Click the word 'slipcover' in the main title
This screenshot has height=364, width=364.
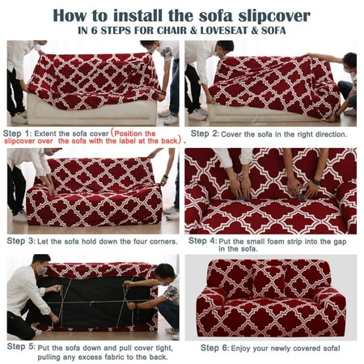[274, 16]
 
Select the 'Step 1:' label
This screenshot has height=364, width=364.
[17, 133]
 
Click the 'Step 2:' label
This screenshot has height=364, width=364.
[205, 133]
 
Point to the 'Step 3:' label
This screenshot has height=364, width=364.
[21, 241]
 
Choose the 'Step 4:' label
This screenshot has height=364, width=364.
[202, 241]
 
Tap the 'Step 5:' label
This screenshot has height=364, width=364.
[21, 346]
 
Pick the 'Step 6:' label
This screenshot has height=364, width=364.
[215, 348]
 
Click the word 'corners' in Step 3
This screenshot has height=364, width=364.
[163, 242]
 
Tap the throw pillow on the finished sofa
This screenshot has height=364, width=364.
[269, 281]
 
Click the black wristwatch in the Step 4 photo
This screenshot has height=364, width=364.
[316, 182]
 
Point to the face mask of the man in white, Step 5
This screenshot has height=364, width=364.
[42, 271]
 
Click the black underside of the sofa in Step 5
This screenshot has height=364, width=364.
[95, 302]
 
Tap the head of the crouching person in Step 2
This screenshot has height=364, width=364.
[349, 61]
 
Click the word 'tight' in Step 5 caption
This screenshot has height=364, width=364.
[163, 349]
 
